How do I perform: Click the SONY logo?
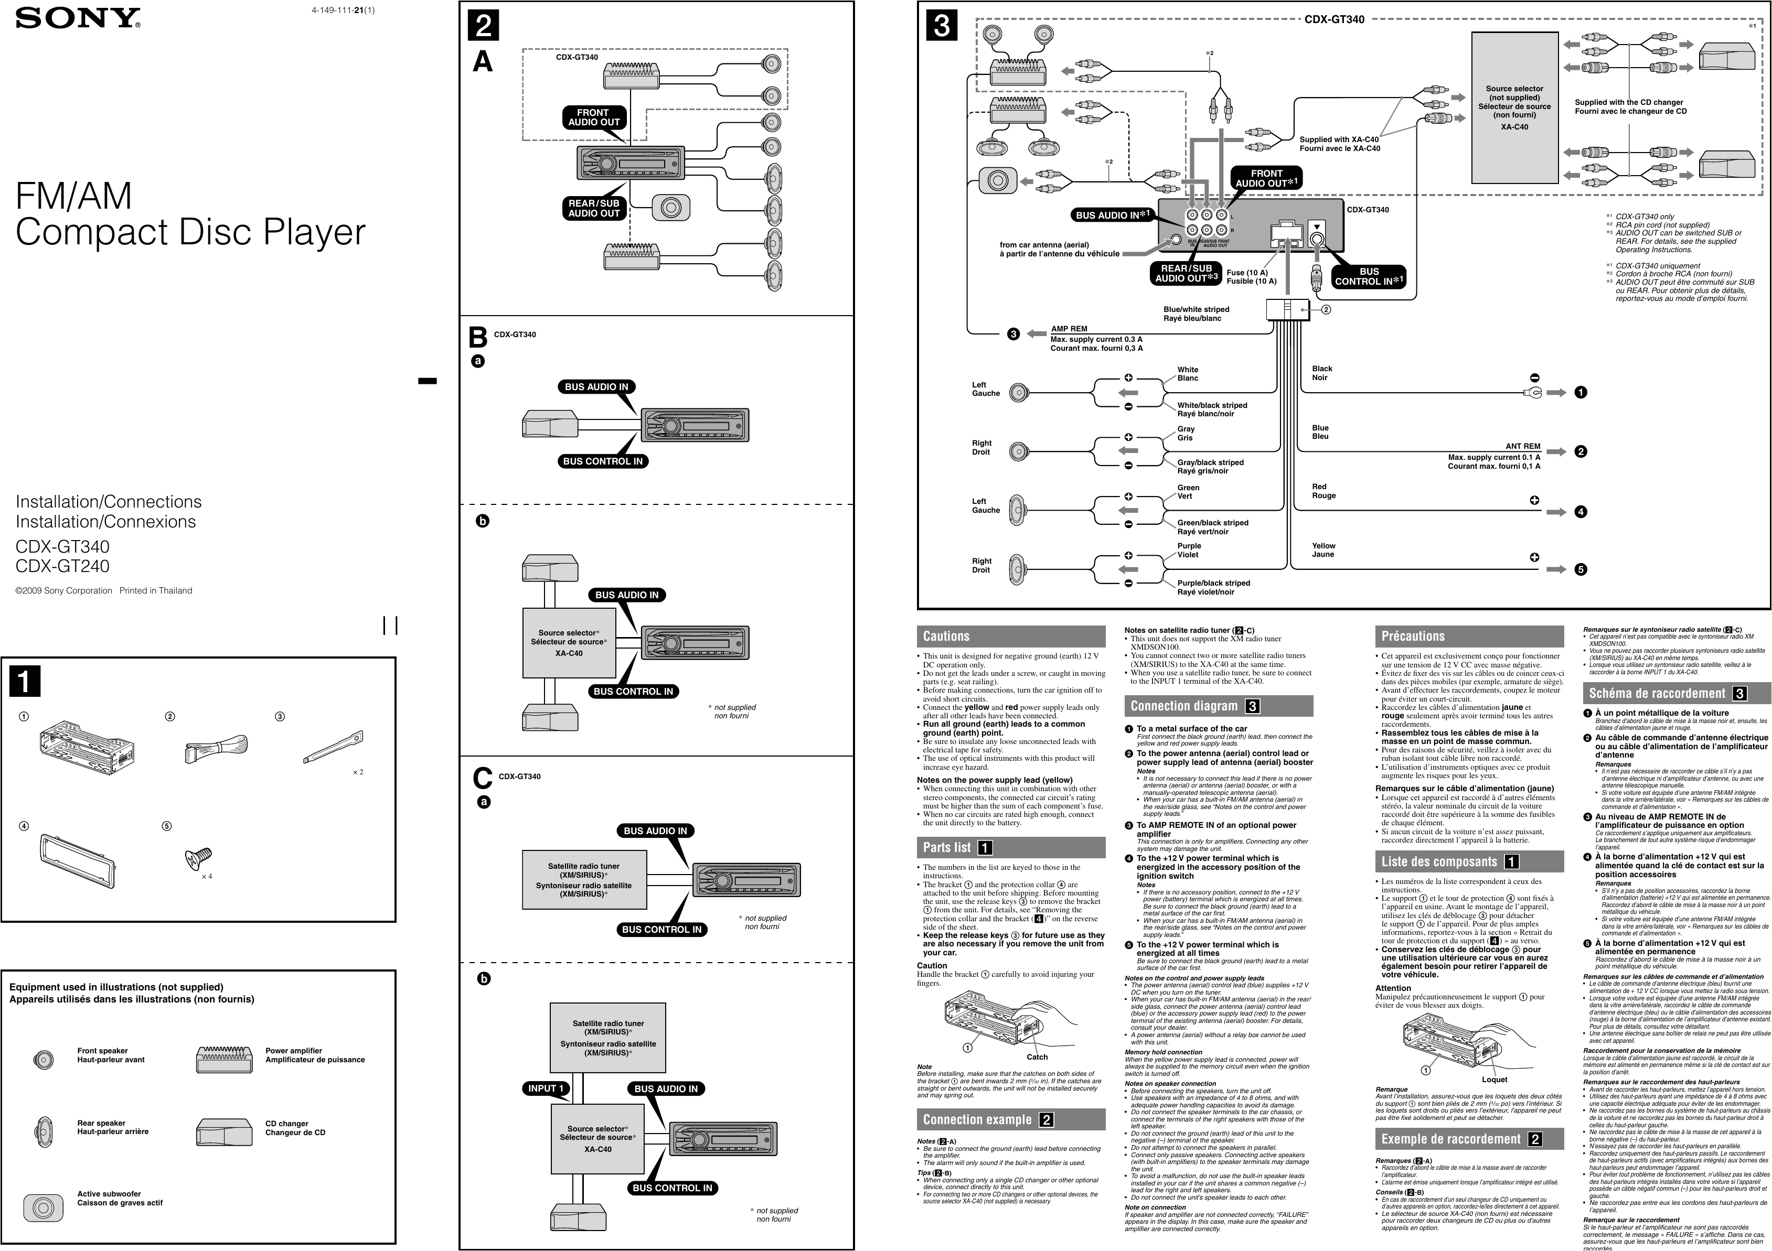pyautogui.click(x=78, y=18)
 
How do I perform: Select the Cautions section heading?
pyautogui.click(x=946, y=637)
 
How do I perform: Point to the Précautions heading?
pyautogui.click(x=1412, y=637)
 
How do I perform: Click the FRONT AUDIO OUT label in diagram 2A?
pyautogui.click(x=593, y=117)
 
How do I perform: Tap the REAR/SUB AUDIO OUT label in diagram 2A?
pyautogui.click(x=593, y=208)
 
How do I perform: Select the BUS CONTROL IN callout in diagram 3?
pyautogui.click(x=1369, y=277)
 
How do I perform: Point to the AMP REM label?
pyautogui.click(x=1069, y=329)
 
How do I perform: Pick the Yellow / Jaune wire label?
pyautogui.click(x=1323, y=550)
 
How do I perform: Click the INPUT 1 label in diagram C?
pyautogui.click(x=547, y=1088)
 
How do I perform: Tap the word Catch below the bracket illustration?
pyautogui.click(x=1037, y=1056)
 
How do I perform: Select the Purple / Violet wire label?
pyautogui.click(x=1189, y=550)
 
